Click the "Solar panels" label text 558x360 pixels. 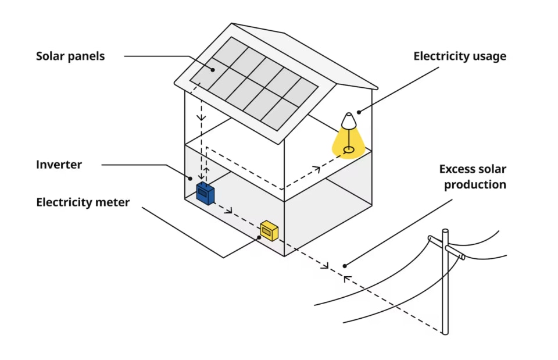(x=70, y=56)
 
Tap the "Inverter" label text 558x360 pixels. (x=59, y=165)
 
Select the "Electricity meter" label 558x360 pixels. (x=83, y=202)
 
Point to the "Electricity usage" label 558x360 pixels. (x=460, y=56)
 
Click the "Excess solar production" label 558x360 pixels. (x=473, y=177)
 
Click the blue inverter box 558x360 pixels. (x=205, y=193)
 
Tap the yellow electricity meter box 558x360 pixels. (x=269, y=230)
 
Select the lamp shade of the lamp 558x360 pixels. (x=348, y=121)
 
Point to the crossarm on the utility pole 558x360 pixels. (x=446, y=247)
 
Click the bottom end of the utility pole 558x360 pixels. (x=445, y=333)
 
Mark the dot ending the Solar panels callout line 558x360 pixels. (x=213, y=70)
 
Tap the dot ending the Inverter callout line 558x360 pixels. (x=189, y=178)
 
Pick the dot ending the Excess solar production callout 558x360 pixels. (x=345, y=266)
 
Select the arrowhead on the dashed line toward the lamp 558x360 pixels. (x=316, y=170)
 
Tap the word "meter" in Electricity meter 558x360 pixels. (x=114, y=202)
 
